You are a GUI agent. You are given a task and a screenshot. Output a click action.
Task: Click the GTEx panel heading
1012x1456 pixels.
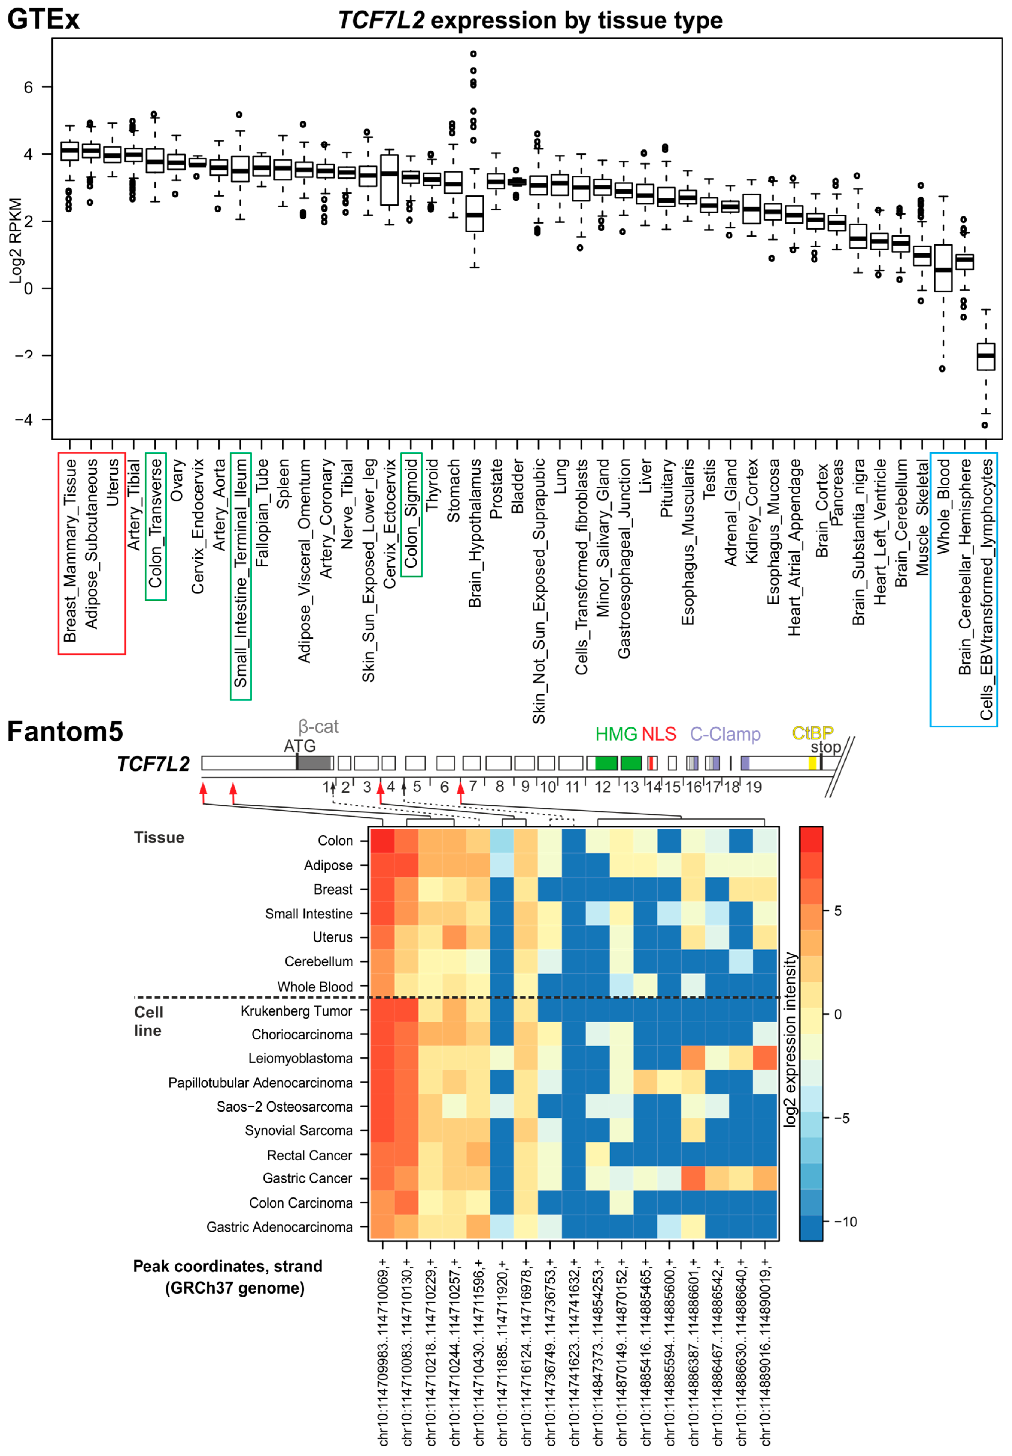[43, 19]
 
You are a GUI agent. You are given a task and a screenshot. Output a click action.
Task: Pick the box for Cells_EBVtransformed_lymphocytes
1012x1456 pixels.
[985, 356]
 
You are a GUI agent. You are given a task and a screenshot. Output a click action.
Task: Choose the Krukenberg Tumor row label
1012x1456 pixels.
[296, 1010]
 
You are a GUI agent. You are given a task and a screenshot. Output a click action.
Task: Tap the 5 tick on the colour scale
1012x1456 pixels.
[838, 911]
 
